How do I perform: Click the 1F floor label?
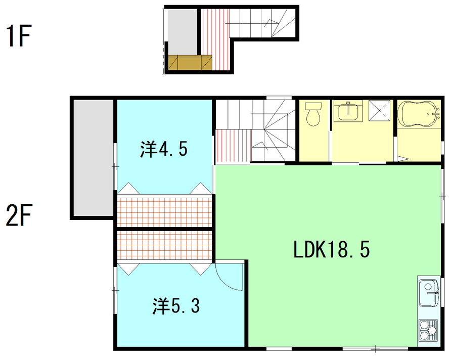19,36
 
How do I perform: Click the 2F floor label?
19,215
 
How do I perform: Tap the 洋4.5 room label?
164,149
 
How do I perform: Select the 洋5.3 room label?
176,306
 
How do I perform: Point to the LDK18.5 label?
332,249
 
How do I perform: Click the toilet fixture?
313,114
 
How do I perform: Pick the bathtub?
419,114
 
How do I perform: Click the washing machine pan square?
379,110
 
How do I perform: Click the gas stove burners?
428,330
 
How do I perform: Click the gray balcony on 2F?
94,158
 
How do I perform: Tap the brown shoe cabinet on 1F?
190,62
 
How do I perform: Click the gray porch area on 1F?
183,32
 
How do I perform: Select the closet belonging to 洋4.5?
164,212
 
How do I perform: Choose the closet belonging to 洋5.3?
164,245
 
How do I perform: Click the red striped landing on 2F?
233,146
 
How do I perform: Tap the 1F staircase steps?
262,23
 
